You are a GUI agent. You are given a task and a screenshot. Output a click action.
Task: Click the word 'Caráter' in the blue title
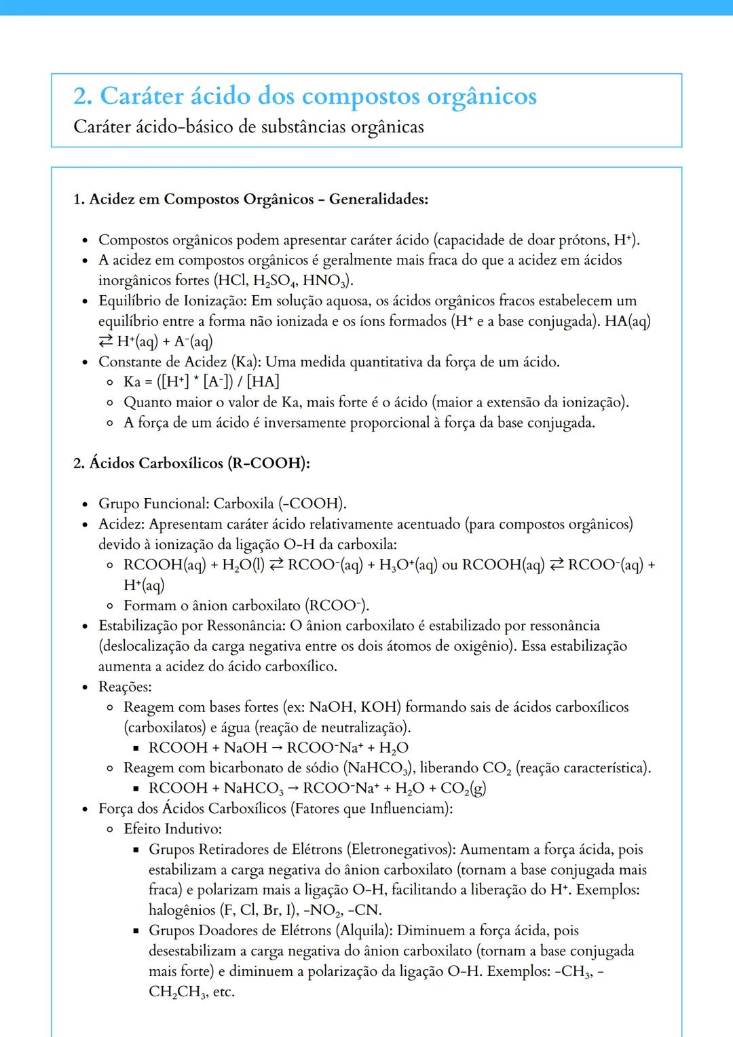point(141,96)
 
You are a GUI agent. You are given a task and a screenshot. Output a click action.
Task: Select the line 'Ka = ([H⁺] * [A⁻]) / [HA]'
point(202,382)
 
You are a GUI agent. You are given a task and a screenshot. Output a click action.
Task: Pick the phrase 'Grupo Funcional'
point(152,504)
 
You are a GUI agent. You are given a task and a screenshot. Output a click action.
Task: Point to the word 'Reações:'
point(125,687)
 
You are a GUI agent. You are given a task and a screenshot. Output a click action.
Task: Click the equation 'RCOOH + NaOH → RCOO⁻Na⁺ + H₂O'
point(278,748)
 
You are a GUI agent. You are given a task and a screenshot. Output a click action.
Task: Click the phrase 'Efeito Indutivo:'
point(172,829)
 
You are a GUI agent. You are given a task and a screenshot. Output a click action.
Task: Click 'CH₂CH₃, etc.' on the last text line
point(191,992)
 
